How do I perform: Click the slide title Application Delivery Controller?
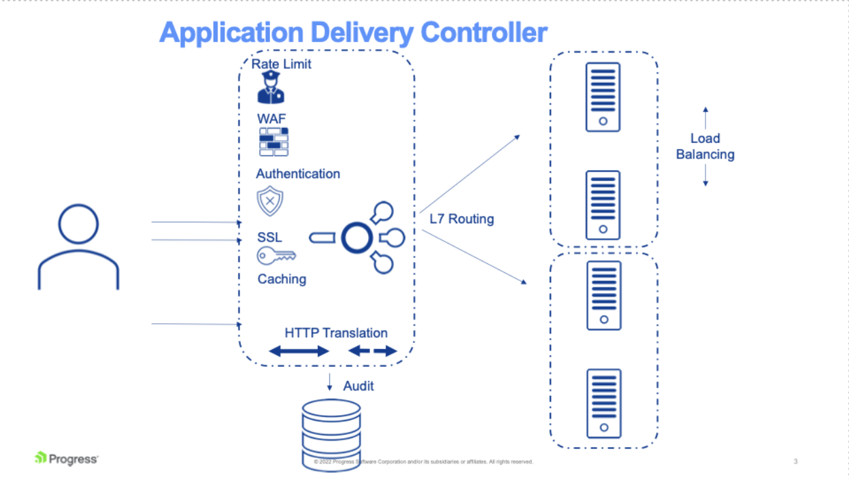click(353, 33)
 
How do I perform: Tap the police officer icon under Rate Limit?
click(271, 88)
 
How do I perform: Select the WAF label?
click(271, 118)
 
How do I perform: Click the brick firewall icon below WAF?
click(274, 142)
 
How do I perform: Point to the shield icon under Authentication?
click(270, 201)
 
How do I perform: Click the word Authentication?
click(298, 174)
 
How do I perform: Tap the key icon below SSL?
click(276, 257)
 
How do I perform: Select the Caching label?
click(282, 279)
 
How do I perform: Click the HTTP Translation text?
click(336, 333)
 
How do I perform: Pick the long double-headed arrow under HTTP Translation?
click(299, 351)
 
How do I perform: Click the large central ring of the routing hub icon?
click(356, 237)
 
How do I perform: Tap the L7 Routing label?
click(461, 219)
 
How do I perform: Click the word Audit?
click(358, 386)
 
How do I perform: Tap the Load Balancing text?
click(705, 146)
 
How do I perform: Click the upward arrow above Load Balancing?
click(705, 116)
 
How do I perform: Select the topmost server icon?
click(603, 97)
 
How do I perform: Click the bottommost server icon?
click(603, 403)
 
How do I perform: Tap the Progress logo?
click(66, 459)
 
